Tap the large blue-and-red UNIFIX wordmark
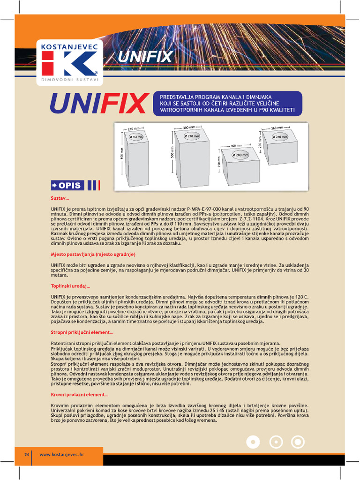coord(99,104)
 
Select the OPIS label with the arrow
coord(67,185)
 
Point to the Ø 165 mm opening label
coord(136,137)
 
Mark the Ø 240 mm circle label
coord(280,137)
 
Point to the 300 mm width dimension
coord(188,127)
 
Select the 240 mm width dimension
coord(134,128)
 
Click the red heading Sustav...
coord(60,198)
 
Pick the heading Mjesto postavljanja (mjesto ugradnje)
coord(93,254)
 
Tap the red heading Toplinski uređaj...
coord(70,285)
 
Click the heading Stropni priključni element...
coord(82,332)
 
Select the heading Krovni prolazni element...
coord(79,394)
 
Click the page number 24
coord(27,455)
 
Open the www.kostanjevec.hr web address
coord(61,455)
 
